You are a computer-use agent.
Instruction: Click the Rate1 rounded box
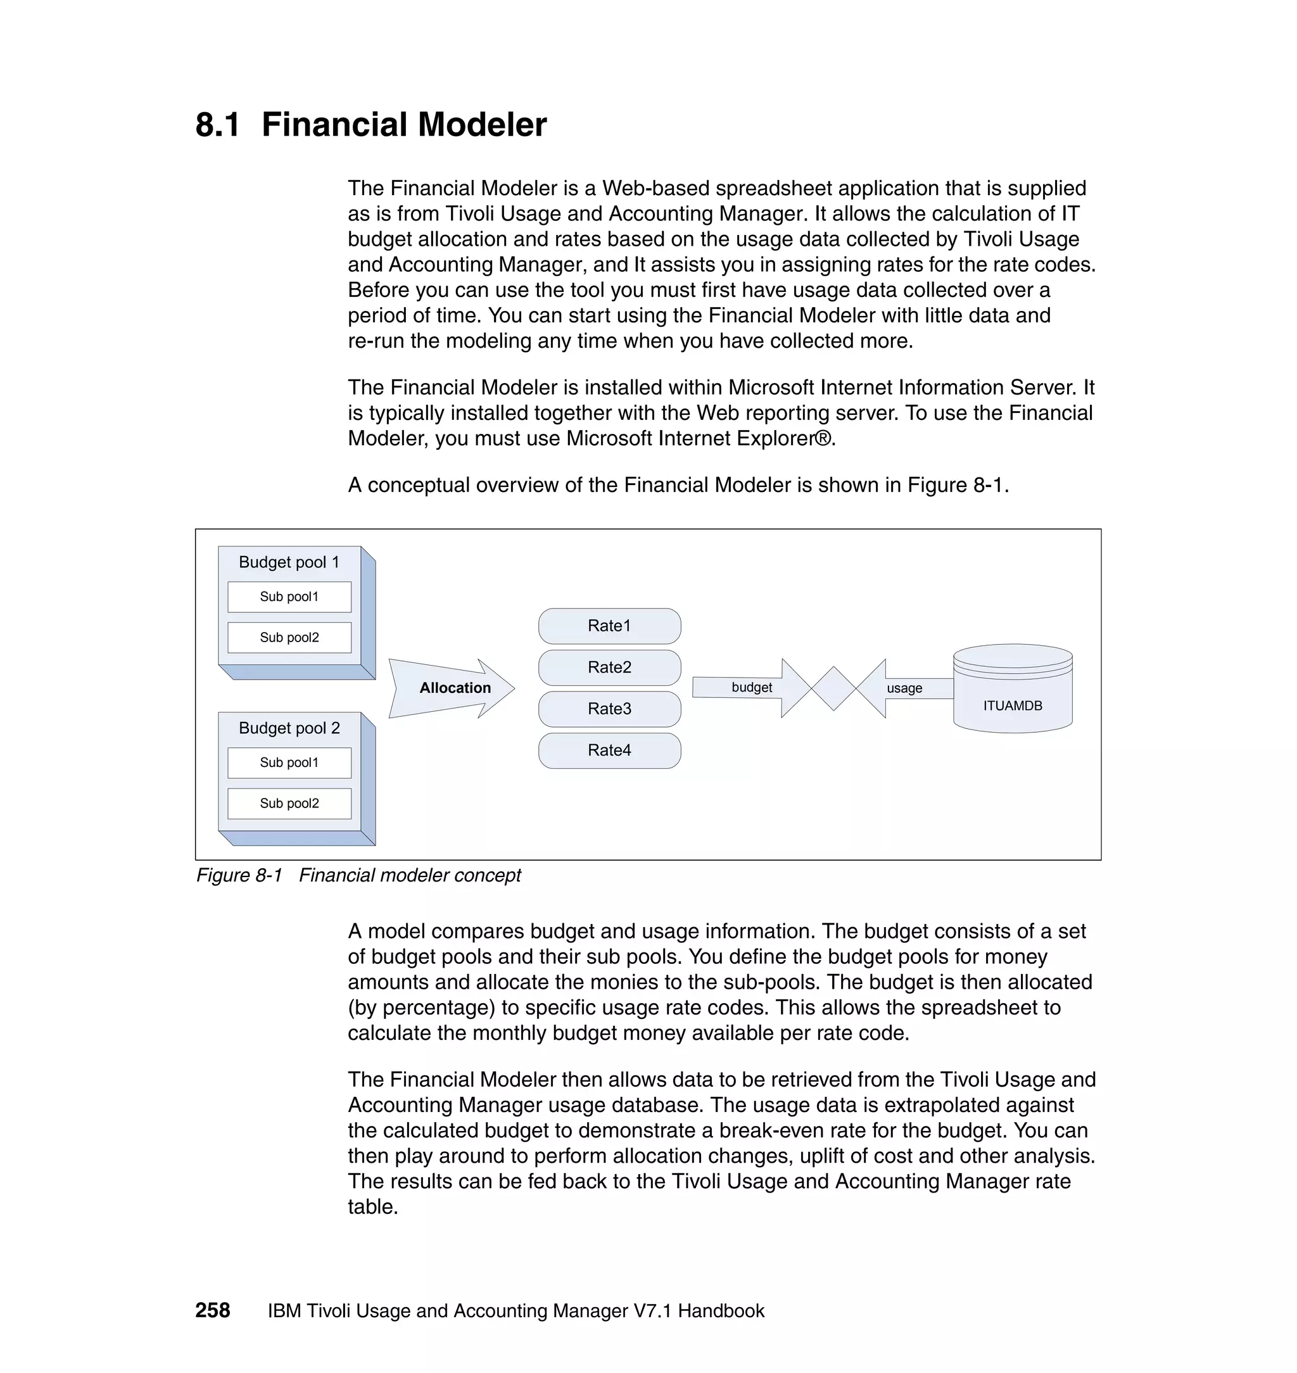609,626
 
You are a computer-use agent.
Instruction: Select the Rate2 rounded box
609,667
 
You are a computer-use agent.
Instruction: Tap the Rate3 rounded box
609,709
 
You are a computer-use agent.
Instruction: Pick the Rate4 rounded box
609,750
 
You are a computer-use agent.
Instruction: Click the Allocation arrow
453,688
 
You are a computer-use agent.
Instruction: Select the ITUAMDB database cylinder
1012,692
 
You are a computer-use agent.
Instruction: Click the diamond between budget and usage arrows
834,688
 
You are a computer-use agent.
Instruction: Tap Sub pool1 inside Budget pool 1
289,597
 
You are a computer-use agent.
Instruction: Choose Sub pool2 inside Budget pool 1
289,637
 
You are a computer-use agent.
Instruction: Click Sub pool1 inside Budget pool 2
289,762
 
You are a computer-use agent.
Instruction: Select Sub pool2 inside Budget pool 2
289,803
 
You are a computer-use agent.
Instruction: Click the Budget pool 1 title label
289,562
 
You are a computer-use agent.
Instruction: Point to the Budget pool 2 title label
289,728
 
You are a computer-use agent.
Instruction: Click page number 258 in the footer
212,1311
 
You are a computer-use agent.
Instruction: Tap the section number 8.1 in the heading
218,125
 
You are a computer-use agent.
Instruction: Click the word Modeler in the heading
482,125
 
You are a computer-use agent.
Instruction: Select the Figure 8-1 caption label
239,875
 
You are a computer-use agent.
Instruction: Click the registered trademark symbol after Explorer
824,438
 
